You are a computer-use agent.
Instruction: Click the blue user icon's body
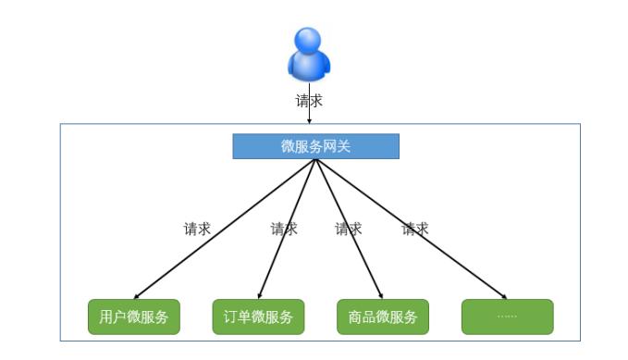click(308, 65)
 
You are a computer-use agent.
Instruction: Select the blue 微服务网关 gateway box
click(315, 146)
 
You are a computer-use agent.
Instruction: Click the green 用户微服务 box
click(134, 317)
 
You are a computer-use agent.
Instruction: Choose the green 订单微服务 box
click(258, 317)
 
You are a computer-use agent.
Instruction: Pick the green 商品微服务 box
click(383, 317)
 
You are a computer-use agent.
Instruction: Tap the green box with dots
click(507, 317)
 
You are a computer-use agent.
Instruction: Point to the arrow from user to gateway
click(310, 116)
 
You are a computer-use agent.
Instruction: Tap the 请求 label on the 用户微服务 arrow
click(197, 229)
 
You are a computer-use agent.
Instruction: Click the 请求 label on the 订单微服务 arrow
click(284, 229)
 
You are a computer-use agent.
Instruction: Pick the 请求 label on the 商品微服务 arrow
click(348, 229)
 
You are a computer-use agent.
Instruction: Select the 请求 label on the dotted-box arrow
click(415, 229)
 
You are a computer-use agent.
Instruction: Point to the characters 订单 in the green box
click(238, 317)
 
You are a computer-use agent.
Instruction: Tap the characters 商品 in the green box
click(363, 317)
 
